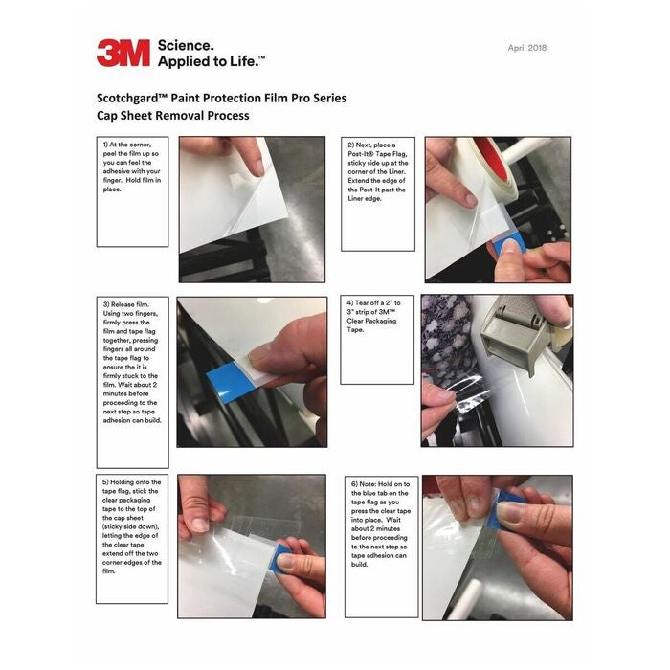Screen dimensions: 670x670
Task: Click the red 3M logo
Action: tap(123, 53)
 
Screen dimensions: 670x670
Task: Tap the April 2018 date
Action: tap(526, 48)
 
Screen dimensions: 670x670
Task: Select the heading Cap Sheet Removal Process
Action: tap(172, 116)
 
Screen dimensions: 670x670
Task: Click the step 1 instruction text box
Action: tap(132, 191)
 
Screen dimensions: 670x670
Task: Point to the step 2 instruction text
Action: tap(378, 171)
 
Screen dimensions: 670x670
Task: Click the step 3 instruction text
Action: tap(132, 363)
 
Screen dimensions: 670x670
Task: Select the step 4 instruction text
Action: tap(373, 316)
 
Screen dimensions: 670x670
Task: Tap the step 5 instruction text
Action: tap(132, 526)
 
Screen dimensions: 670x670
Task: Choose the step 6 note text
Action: tap(381, 525)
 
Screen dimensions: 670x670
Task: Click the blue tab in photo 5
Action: tap(280, 558)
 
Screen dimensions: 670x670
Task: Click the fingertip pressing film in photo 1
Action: tap(257, 167)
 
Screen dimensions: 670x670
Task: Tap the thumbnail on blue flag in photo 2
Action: tap(509, 247)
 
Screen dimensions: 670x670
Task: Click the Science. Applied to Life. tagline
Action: tap(212, 54)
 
